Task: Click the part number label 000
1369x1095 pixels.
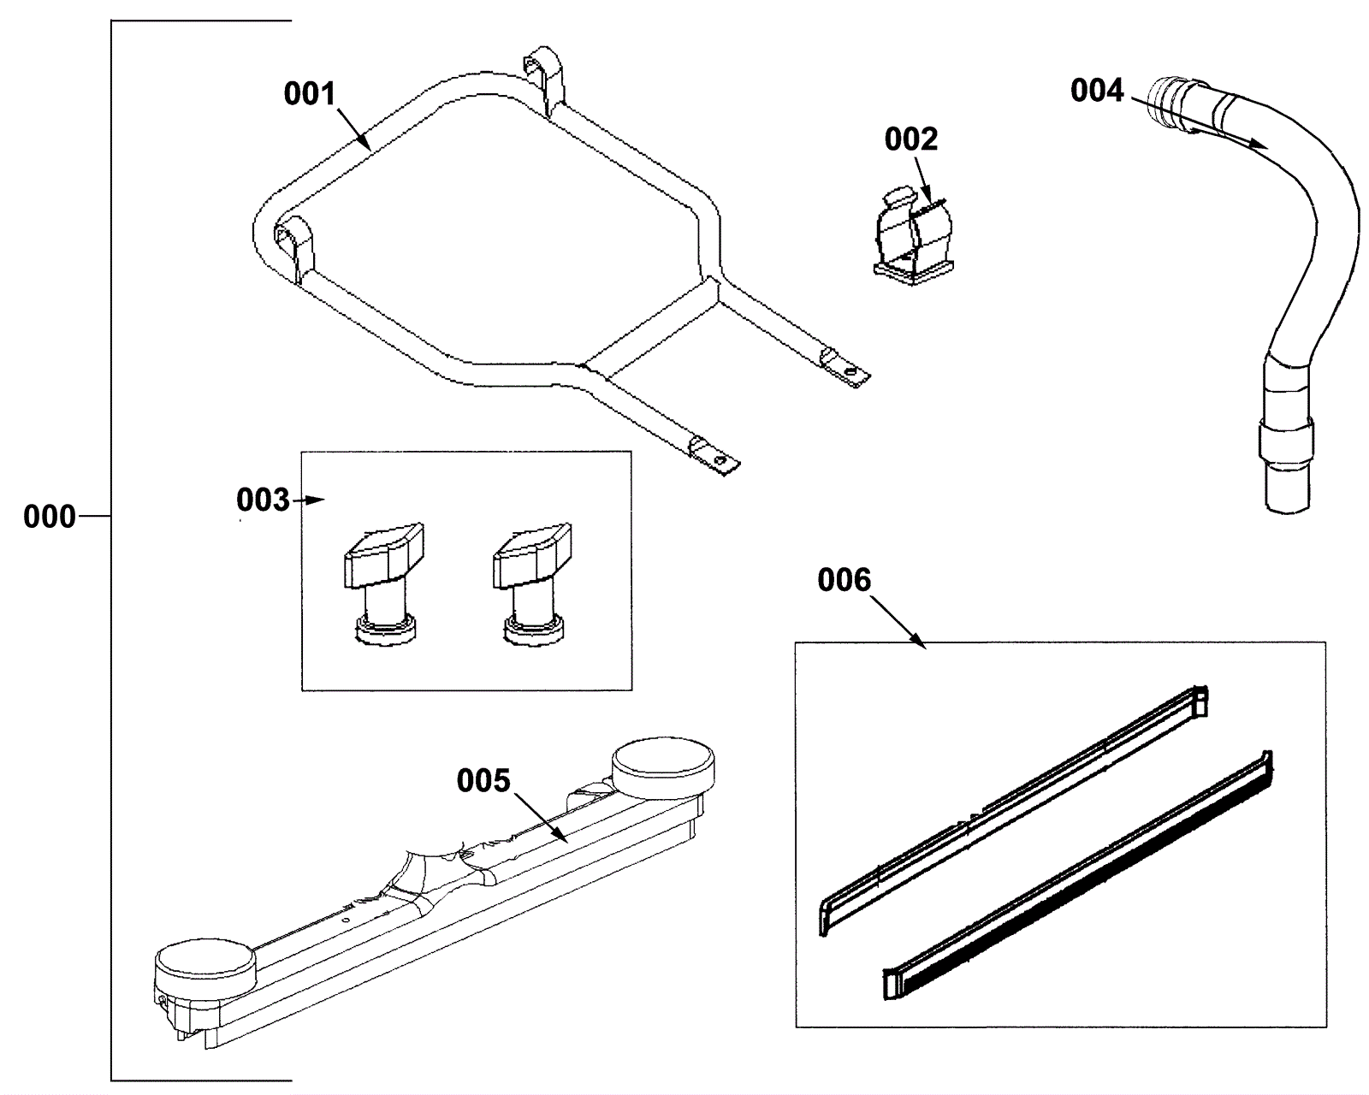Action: tap(49, 517)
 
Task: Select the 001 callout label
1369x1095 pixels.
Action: tap(310, 93)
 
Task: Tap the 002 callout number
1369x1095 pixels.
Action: tap(910, 139)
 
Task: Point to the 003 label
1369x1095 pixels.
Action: tap(263, 500)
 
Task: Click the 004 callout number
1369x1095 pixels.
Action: tap(1096, 90)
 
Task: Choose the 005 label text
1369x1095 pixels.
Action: tap(483, 780)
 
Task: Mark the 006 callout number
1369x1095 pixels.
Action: tap(844, 580)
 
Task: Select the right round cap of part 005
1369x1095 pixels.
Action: tap(663, 764)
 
